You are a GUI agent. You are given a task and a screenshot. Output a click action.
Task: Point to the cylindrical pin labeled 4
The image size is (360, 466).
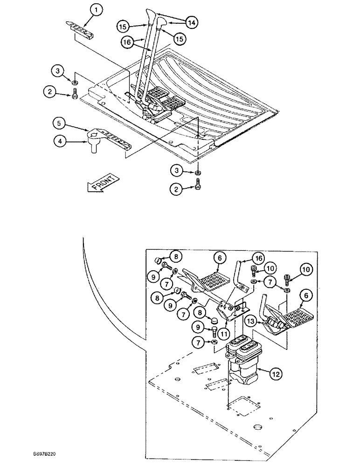(x=92, y=147)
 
